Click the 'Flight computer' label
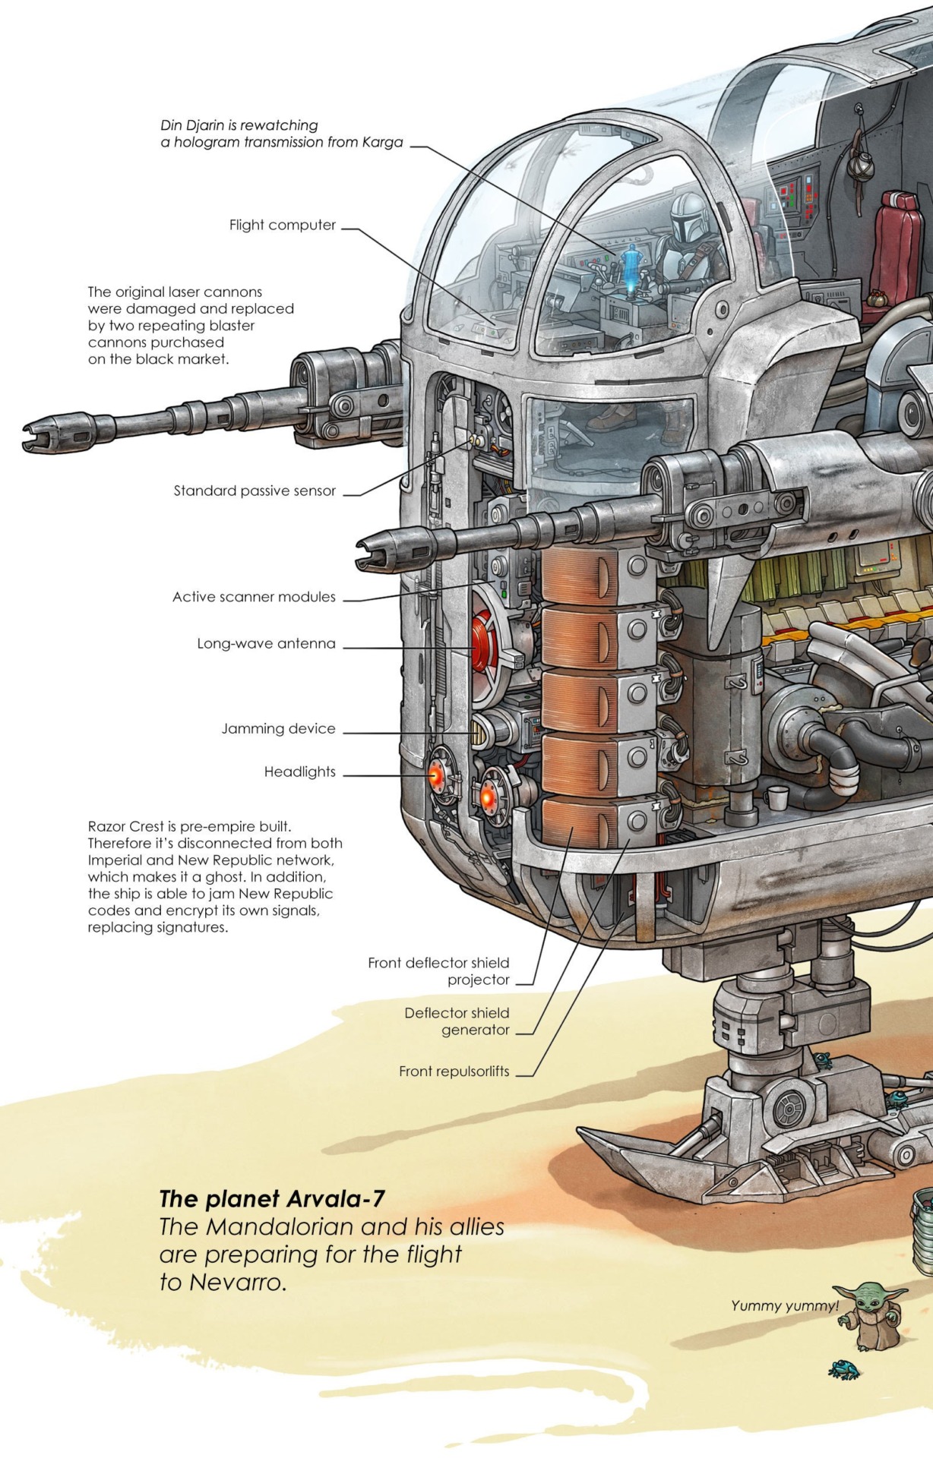click(282, 225)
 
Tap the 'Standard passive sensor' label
click(255, 491)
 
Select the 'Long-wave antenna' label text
click(266, 643)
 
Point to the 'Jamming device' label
click(278, 728)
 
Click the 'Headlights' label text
click(299, 772)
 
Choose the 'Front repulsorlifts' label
click(454, 1071)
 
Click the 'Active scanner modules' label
click(254, 597)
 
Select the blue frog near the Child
click(844, 1369)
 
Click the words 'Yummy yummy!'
click(784, 1306)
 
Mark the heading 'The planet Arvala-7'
click(271, 1199)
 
